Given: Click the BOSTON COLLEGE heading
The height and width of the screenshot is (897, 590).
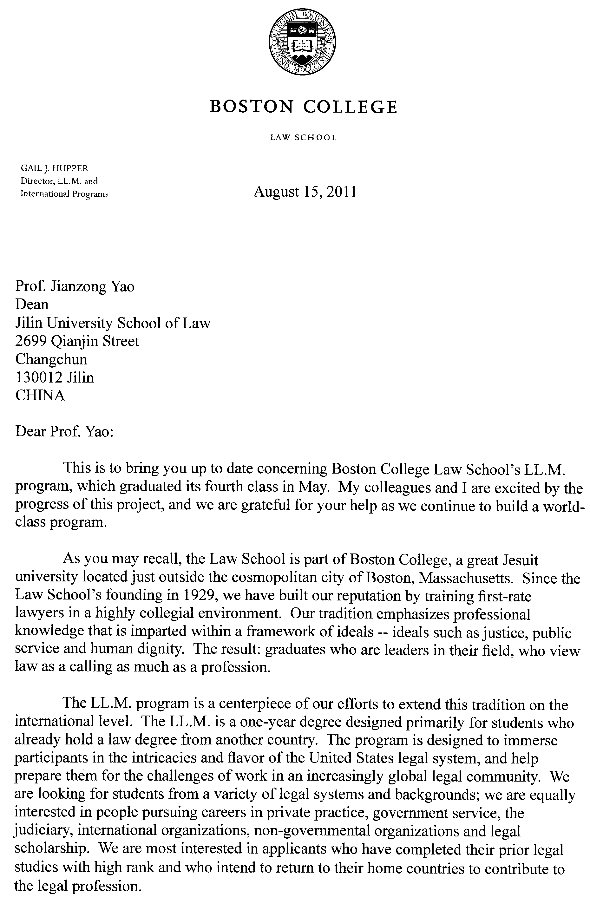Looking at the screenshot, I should click(303, 107).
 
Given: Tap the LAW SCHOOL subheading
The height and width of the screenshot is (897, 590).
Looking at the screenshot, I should click(303, 138).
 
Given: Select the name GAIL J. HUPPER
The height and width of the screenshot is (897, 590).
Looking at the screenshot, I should click(55, 168).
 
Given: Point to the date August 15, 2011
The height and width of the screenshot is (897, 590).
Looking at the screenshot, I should click(305, 192).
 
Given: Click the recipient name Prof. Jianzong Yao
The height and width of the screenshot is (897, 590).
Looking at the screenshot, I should click(75, 286).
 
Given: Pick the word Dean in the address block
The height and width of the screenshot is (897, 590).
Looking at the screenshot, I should click(32, 304).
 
